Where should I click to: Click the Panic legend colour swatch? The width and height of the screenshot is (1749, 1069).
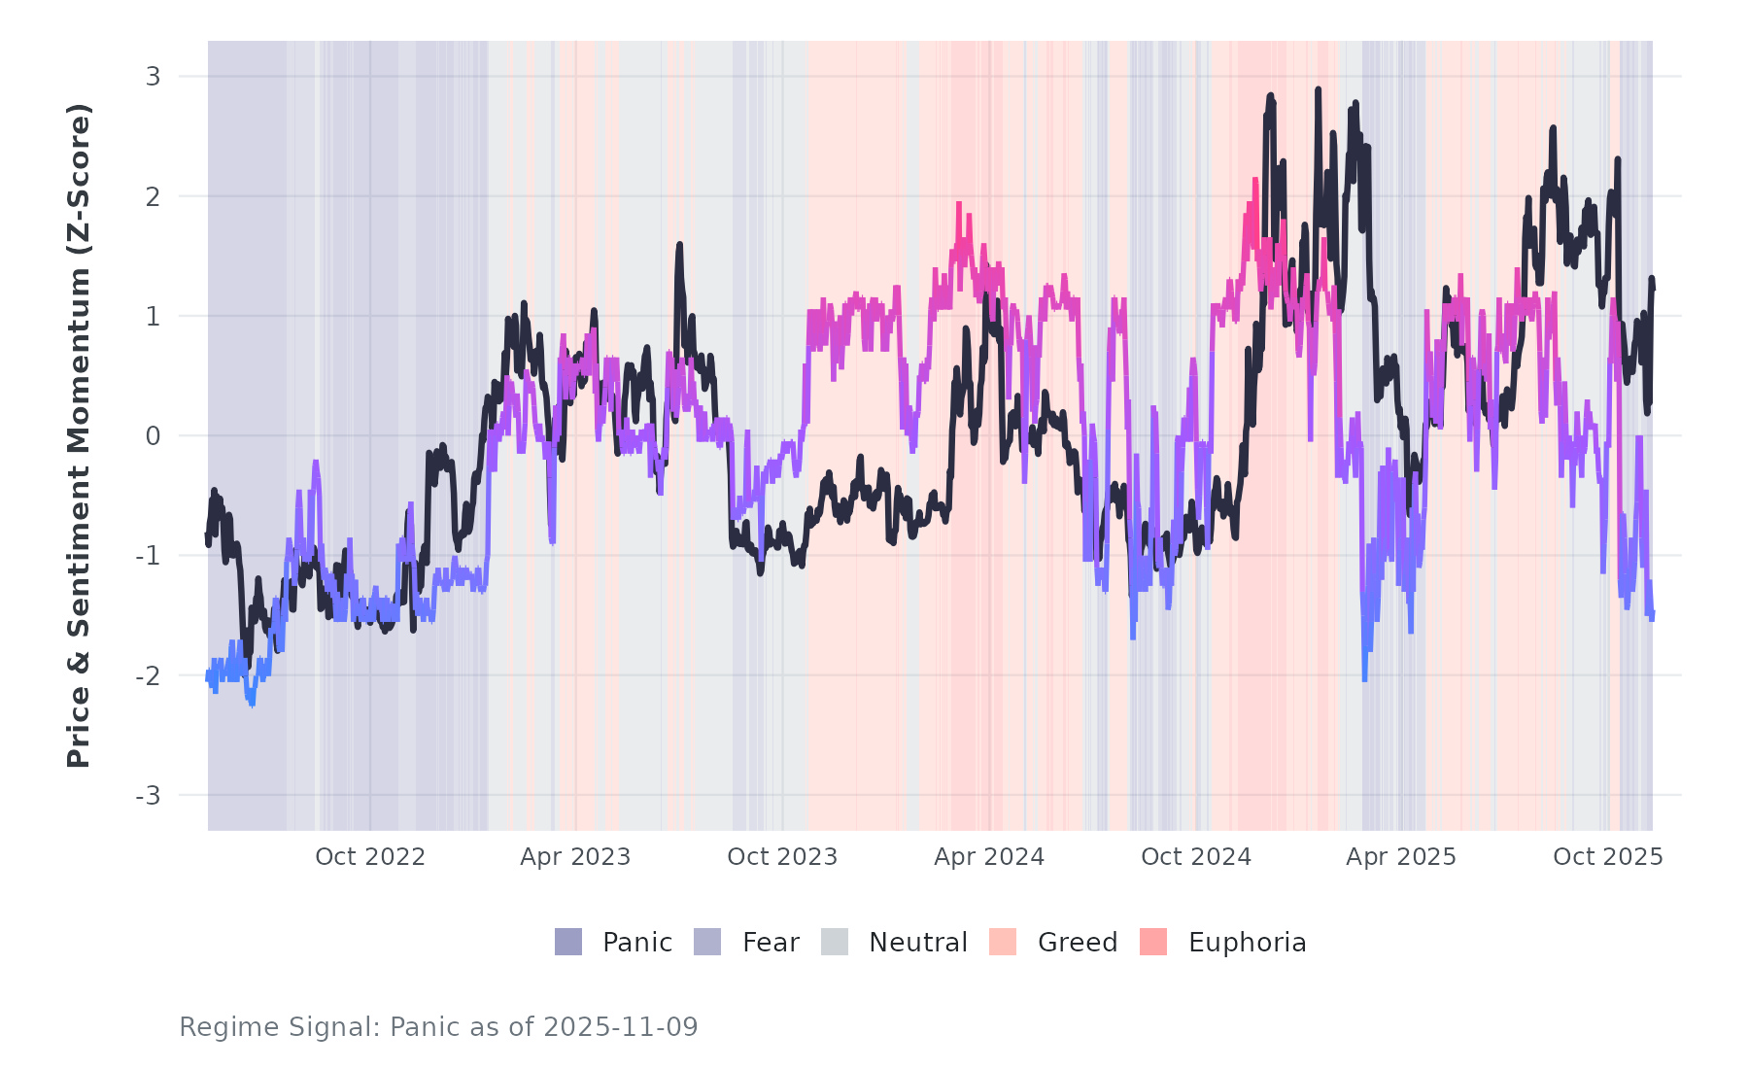click(568, 942)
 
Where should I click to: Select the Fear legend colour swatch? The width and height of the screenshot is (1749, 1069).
click(707, 942)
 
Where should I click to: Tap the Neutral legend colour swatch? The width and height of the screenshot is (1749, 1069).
click(835, 942)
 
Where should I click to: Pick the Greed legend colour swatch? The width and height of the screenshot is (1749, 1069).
click(1003, 942)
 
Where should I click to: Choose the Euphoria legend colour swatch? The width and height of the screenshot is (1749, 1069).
click(1153, 942)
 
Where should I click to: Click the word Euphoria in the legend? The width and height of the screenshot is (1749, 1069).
click(1247, 943)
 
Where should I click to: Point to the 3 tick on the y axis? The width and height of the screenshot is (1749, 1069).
click(153, 76)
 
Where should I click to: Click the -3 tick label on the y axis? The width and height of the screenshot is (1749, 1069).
click(148, 796)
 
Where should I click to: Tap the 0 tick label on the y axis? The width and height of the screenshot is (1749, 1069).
click(153, 436)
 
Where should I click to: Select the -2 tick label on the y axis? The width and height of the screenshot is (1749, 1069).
click(148, 675)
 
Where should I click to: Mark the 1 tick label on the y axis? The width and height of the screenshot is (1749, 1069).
click(153, 316)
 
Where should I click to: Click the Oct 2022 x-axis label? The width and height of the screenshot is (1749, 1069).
click(370, 857)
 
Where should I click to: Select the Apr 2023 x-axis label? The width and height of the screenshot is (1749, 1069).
click(575, 857)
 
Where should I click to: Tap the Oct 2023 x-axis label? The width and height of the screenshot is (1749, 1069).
click(782, 857)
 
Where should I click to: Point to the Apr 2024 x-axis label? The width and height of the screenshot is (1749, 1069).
click(989, 857)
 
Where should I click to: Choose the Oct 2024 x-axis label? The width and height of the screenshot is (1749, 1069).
click(1196, 857)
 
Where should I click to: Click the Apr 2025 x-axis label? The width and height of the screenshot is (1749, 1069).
click(1401, 857)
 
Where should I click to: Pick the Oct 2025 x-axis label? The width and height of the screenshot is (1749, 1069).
click(1608, 857)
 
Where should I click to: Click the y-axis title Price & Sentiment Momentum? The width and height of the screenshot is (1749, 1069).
click(79, 435)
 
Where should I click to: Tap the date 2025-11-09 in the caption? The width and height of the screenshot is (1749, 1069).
click(621, 1027)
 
